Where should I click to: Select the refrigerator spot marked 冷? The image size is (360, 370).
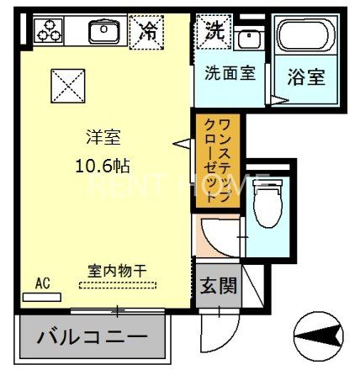pos(148,32)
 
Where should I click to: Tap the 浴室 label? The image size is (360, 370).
pos(306,77)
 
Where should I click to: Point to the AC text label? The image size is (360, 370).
pos(43,283)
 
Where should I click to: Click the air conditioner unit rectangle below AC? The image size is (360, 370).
pos(43,297)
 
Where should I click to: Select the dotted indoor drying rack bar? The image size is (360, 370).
pos(117,285)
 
